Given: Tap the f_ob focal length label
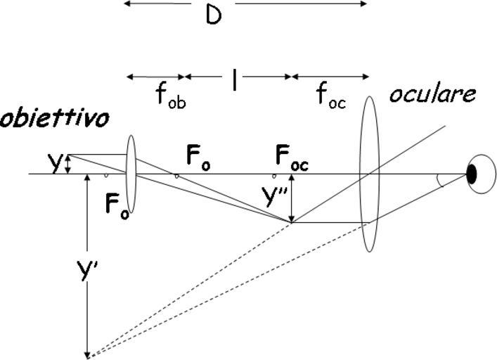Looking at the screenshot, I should (171, 96).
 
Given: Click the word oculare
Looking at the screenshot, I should (443, 94).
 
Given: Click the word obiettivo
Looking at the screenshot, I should (55, 118).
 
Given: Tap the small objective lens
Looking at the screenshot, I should (131, 172).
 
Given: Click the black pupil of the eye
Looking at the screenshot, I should (472, 172).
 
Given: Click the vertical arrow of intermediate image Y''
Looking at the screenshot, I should (291, 199).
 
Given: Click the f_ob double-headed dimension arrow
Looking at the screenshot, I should (155, 76).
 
